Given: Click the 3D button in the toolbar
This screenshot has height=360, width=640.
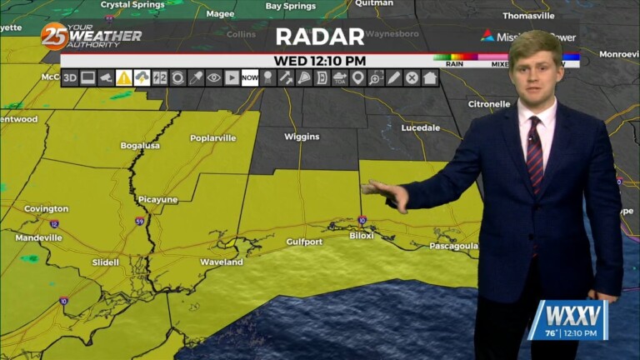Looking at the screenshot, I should pyautogui.click(x=70, y=77).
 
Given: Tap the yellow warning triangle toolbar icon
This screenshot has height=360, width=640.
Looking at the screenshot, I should pyautogui.click(x=124, y=77).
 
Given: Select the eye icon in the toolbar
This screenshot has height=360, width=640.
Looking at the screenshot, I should pyautogui.click(x=214, y=77).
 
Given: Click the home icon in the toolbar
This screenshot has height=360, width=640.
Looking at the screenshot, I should pyautogui.click(x=430, y=77).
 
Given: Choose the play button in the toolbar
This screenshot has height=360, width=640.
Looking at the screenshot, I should pyautogui.click(x=232, y=77).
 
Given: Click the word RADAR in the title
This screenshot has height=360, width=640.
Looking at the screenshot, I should pyautogui.click(x=320, y=37).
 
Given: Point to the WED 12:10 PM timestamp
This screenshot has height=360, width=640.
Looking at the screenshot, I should pyautogui.click(x=320, y=61).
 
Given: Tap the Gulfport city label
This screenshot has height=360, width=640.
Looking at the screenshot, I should pyautogui.click(x=303, y=242).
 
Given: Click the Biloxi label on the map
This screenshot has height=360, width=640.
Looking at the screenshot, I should pyautogui.click(x=362, y=235).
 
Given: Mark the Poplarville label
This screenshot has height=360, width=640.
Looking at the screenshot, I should pyautogui.click(x=213, y=138).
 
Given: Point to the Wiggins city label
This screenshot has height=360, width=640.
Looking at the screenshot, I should pyautogui.click(x=302, y=136).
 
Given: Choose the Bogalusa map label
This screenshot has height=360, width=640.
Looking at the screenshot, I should pyautogui.click(x=139, y=145).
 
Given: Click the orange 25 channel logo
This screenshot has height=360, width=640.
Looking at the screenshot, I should pyautogui.click(x=54, y=36).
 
